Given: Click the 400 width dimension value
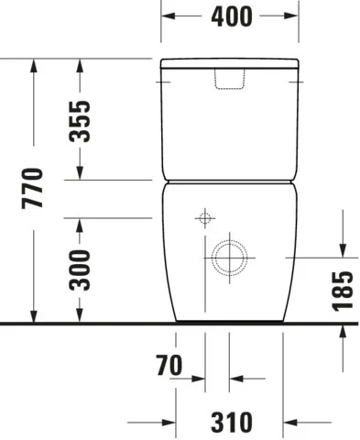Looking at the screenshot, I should click(x=230, y=16).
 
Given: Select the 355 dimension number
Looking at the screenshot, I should click(x=82, y=119).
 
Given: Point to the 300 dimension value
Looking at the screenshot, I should click(x=82, y=270).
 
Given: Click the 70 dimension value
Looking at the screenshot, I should click(x=169, y=368).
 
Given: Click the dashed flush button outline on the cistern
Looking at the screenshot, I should click(x=230, y=81).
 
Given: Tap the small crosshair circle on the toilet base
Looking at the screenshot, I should click(x=204, y=219).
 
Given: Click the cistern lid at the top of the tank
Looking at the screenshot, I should click(x=230, y=65).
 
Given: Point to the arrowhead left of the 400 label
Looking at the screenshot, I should click(x=169, y=16).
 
